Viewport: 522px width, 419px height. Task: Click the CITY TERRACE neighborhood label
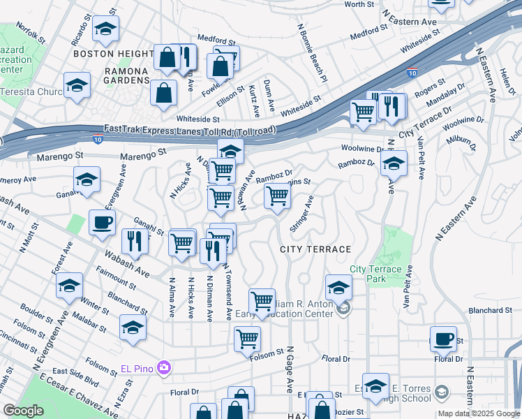coord(315,249)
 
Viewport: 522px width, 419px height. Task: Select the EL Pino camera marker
coord(165,367)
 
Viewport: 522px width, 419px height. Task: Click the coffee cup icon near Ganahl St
coord(102,223)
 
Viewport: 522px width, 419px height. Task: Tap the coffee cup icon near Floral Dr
coord(443,339)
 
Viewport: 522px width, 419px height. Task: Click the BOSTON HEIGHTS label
coord(112,53)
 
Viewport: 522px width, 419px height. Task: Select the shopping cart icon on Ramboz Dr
coord(277,196)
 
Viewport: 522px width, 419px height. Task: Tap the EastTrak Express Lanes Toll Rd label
coord(189,130)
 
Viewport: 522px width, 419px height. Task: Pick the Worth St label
coord(359,4)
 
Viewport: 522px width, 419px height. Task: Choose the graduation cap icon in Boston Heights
coord(105,29)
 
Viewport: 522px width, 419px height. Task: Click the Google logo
coord(22,411)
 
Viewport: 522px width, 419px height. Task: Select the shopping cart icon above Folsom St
coord(247,339)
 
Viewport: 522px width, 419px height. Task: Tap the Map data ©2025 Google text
coord(479,413)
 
